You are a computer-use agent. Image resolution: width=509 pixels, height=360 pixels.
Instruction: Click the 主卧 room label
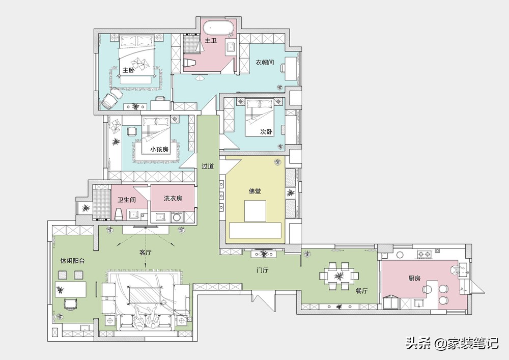(x=129, y=70)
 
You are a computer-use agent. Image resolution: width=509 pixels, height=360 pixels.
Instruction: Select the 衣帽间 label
(x=265, y=62)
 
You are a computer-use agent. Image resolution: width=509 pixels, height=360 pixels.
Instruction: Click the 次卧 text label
(x=266, y=132)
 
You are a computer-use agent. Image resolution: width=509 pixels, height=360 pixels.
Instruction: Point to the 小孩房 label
(x=159, y=150)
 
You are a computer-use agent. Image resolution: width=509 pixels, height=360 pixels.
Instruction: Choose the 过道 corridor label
(x=208, y=166)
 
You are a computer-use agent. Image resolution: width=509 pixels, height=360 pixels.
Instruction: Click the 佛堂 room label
(x=255, y=191)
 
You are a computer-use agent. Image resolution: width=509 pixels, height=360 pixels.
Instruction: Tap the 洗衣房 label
(x=173, y=198)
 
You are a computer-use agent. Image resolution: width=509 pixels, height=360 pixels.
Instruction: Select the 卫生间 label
(x=127, y=200)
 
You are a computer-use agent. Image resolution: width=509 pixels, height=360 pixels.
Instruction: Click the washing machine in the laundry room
(x=177, y=217)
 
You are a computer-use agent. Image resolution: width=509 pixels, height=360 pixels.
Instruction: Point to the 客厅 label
(x=146, y=252)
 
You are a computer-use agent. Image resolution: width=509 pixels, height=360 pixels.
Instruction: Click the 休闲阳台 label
(x=72, y=261)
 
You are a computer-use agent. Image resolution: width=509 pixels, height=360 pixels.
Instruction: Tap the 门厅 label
(x=262, y=270)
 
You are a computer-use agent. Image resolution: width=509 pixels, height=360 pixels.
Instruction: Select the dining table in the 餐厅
(x=339, y=276)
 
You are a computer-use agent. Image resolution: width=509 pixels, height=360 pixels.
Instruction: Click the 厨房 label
(x=414, y=278)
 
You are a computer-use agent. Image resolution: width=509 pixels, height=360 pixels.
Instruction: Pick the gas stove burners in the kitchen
(x=425, y=254)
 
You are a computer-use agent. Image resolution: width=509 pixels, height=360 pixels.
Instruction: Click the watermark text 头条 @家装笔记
(x=452, y=343)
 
